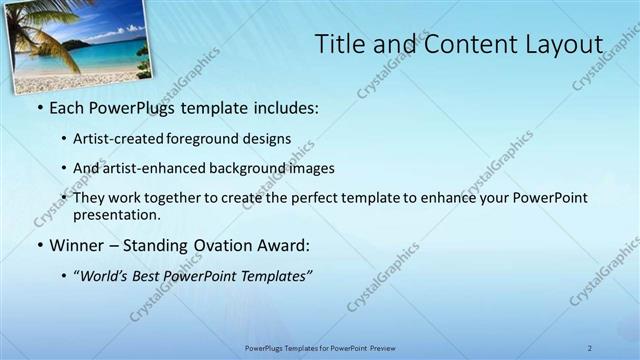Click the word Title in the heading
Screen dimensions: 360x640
[338, 44]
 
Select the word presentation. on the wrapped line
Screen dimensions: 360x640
[117, 214]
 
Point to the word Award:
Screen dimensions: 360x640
[289, 245]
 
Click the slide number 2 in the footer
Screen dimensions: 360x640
[590, 347]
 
